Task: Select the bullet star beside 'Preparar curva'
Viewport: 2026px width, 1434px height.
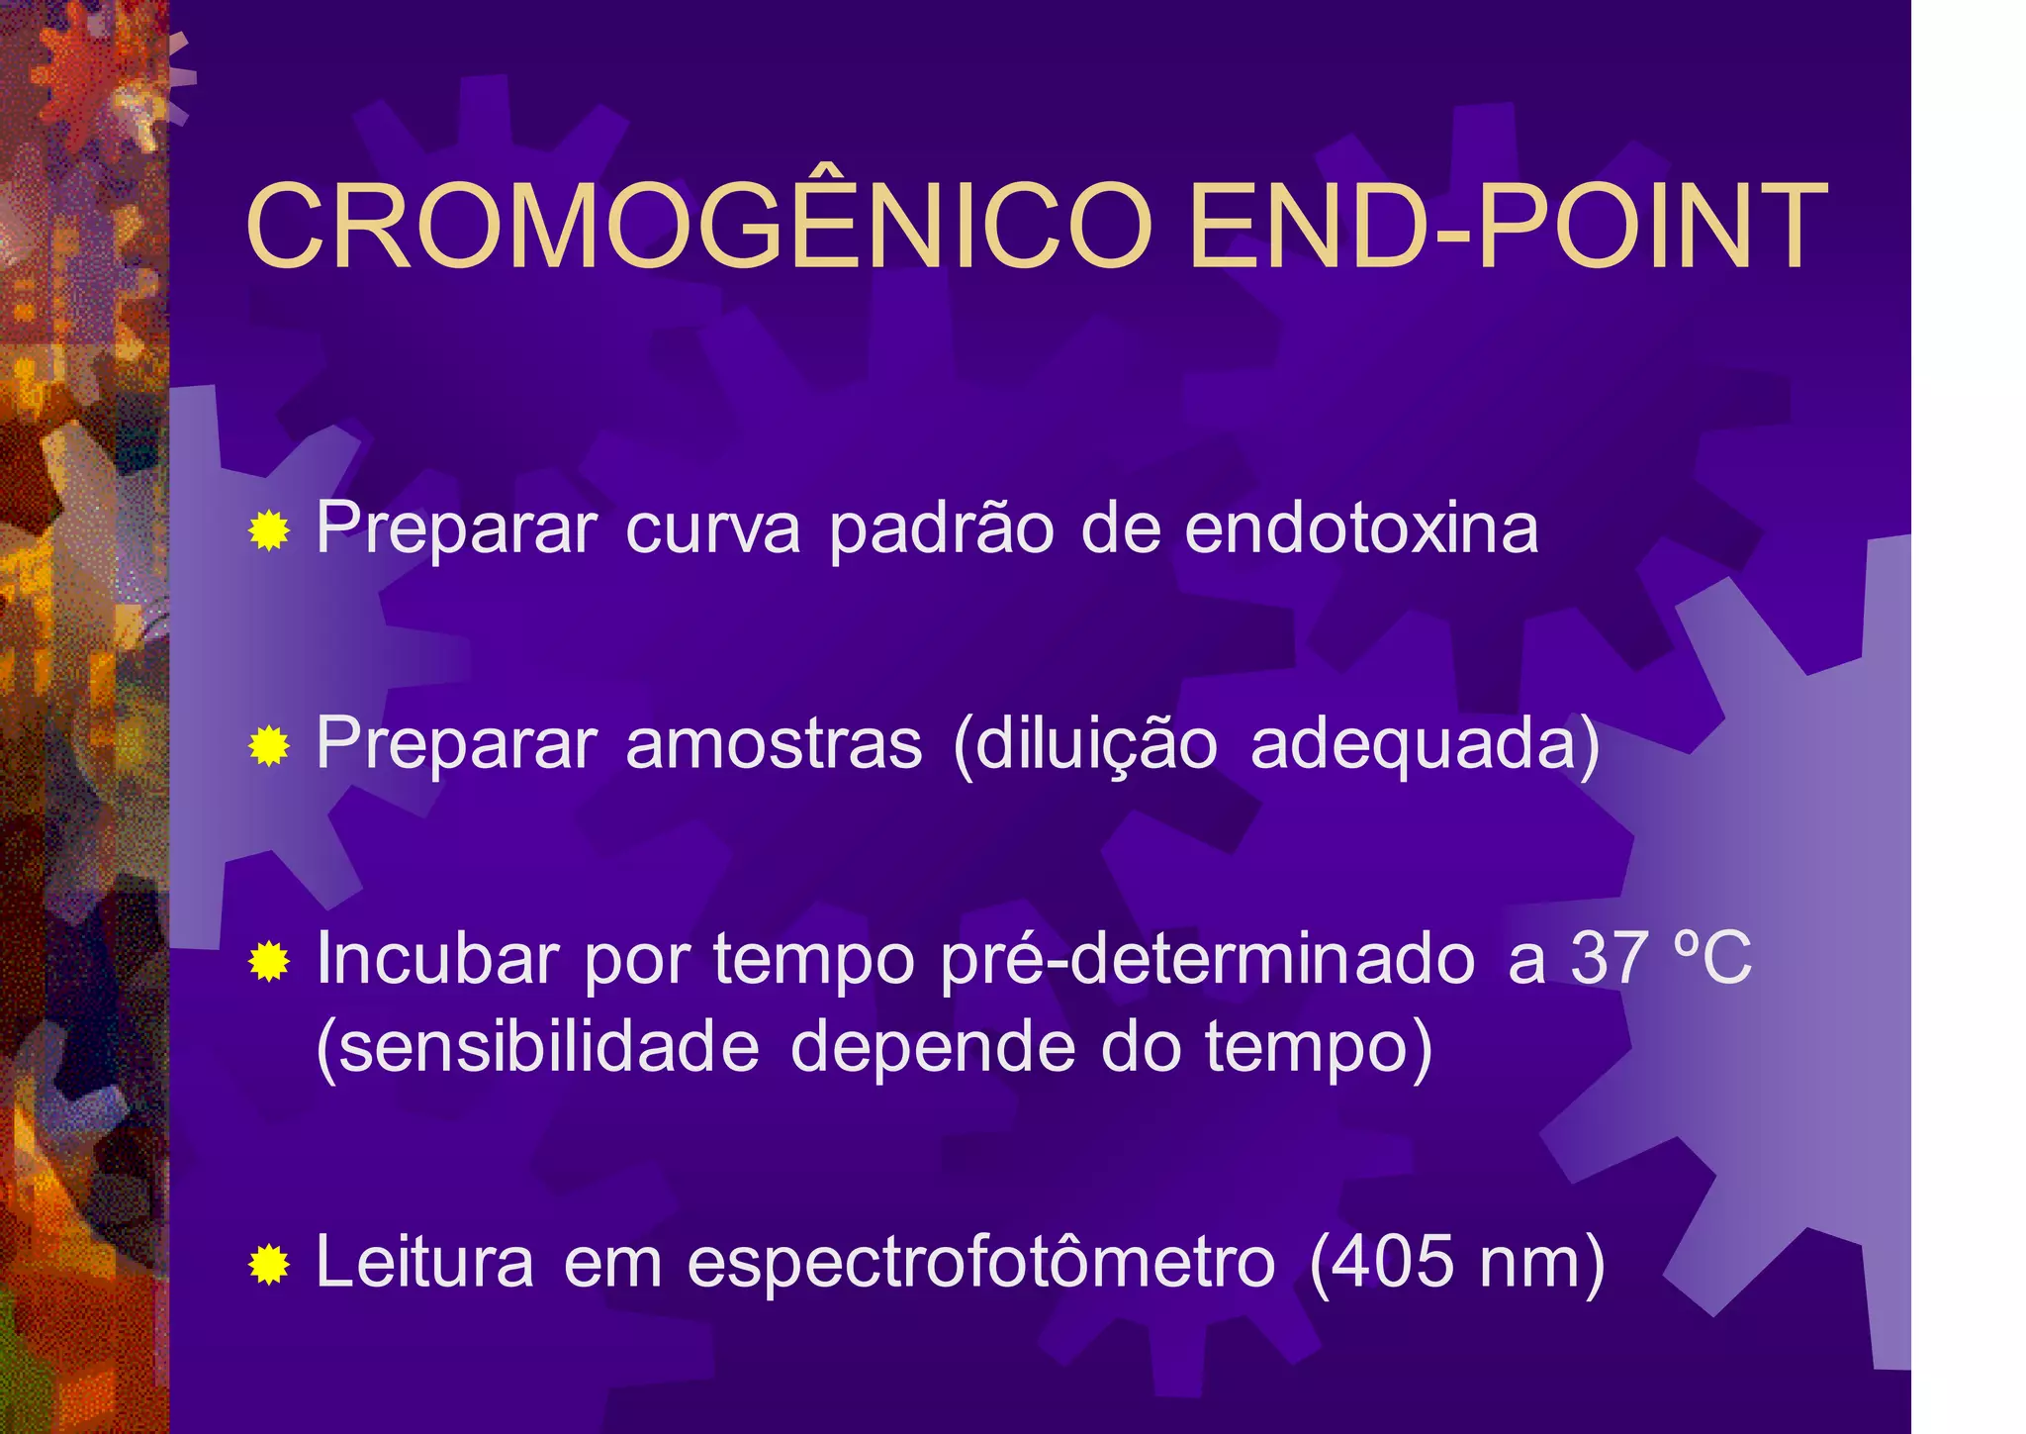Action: (269, 531)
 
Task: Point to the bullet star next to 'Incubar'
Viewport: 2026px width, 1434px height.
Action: (269, 961)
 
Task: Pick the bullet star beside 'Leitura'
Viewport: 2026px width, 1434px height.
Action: (269, 1264)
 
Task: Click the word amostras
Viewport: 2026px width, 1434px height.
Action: (774, 743)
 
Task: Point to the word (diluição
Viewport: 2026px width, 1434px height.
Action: (1084, 745)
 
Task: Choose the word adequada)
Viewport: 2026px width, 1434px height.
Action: (1425, 745)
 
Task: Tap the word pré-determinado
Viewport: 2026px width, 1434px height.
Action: (1208, 959)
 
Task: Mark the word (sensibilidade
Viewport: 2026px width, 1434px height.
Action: (537, 1046)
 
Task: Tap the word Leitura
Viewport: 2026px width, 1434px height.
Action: (424, 1262)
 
